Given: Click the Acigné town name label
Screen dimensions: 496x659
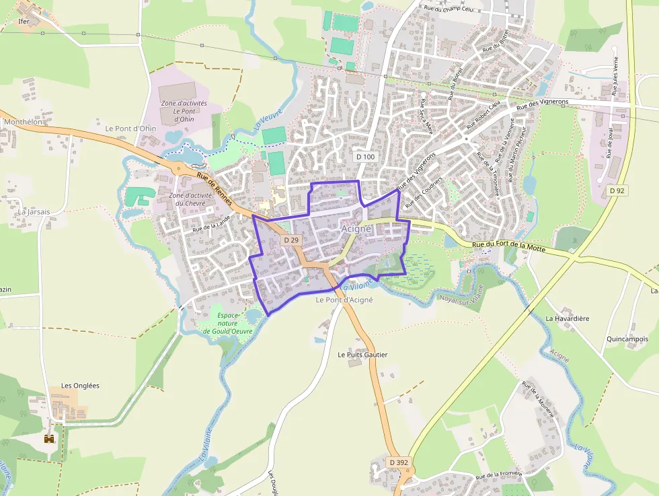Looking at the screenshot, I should (356, 229).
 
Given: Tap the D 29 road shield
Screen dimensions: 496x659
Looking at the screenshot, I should (290, 240).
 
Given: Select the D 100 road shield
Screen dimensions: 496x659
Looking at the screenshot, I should (365, 157).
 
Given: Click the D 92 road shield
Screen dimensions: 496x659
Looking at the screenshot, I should (617, 190).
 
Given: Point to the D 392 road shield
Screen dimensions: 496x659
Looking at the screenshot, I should (398, 462).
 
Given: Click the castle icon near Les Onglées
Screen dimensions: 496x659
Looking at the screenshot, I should (49, 439).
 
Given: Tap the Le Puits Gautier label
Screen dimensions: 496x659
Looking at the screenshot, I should (362, 355).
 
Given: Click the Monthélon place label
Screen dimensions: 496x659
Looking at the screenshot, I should (23, 122).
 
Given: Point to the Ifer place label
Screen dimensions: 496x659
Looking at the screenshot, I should (25, 22).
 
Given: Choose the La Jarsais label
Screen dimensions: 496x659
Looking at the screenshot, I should (34, 211).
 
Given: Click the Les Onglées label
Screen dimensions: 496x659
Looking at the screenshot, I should (80, 386).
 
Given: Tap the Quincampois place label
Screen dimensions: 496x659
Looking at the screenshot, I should (627, 339).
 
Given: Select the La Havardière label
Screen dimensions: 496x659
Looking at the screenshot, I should (568, 318).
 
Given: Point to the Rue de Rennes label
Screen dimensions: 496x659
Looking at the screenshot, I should (215, 189).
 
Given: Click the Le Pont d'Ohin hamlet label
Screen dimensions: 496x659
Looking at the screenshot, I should (130, 129).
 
